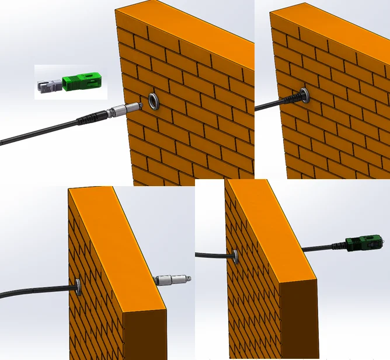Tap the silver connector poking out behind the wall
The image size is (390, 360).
click(172, 280)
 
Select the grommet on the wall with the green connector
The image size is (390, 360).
click(235, 254)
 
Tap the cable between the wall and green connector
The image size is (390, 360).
click(324, 247)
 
